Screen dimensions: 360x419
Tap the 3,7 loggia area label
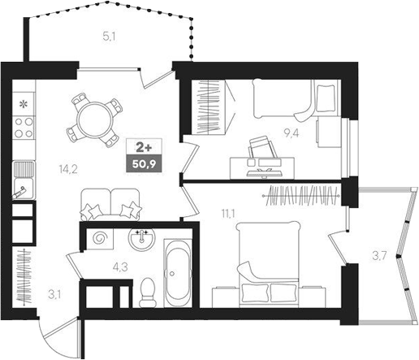(x=378, y=257)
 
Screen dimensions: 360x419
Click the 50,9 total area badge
(x=146, y=163)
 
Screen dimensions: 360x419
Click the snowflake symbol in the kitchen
(x=24, y=104)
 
